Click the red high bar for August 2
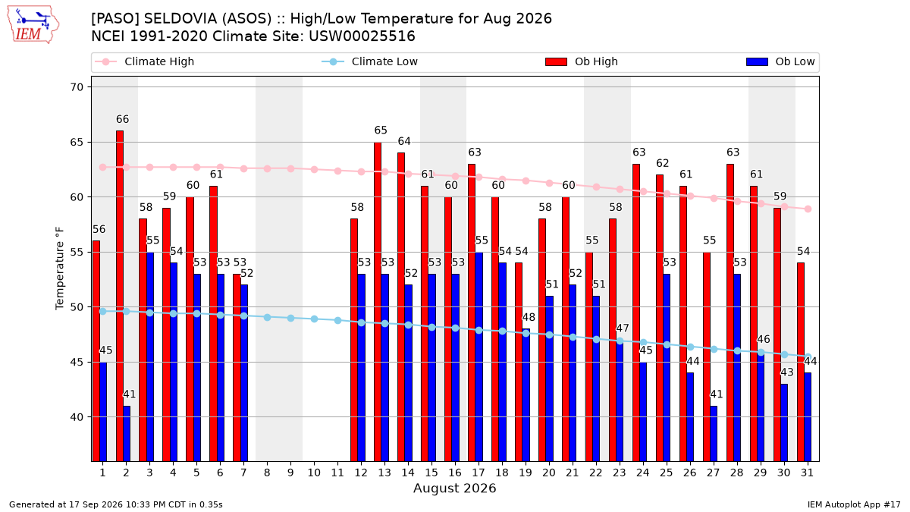click(x=120, y=296)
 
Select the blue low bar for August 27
click(x=714, y=434)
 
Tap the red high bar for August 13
click(x=378, y=302)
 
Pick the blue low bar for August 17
click(x=479, y=357)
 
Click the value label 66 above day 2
click(x=122, y=120)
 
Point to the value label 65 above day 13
click(x=381, y=130)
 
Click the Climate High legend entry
click(x=144, y=61)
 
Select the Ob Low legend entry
click(x=780, y=61)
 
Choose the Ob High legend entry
click(x=582, y=61)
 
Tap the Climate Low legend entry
click(x=370, y=61)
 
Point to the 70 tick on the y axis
click(x=77, y=87)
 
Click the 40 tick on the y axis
click(x=77, y=417)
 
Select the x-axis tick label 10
click(x=314, y=473)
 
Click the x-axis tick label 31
click(x=807, y=473)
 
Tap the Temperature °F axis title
click(x=60, y=269)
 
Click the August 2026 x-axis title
click(x=454, y=488)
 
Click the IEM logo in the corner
click(x=33, y=25)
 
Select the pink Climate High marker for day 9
click(x=290, y=168)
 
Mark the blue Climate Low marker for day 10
click(x=314, y=319)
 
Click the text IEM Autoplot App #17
click(x=854, y=504)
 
